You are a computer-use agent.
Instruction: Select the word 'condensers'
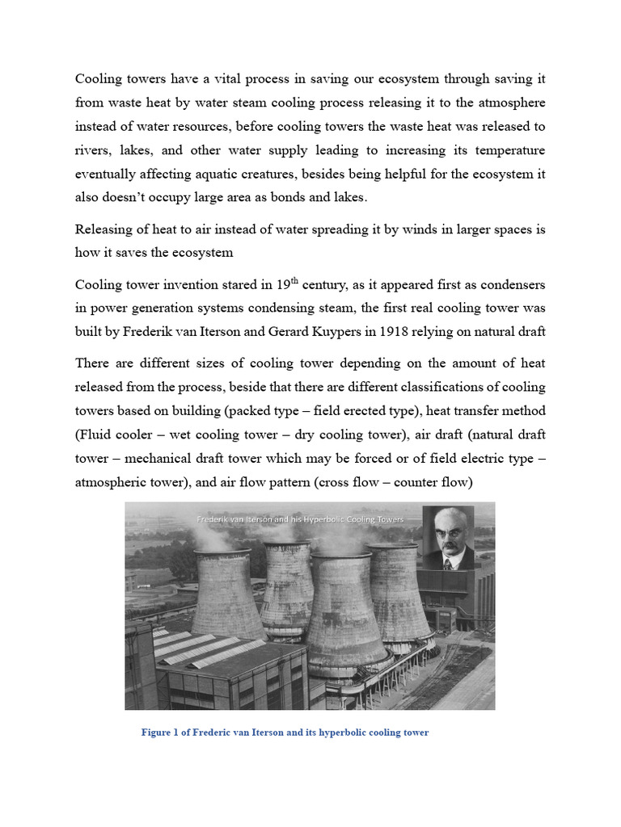(509, 284)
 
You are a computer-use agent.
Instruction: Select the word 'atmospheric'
(112, 482)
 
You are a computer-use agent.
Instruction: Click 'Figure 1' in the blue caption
(162, 733)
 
